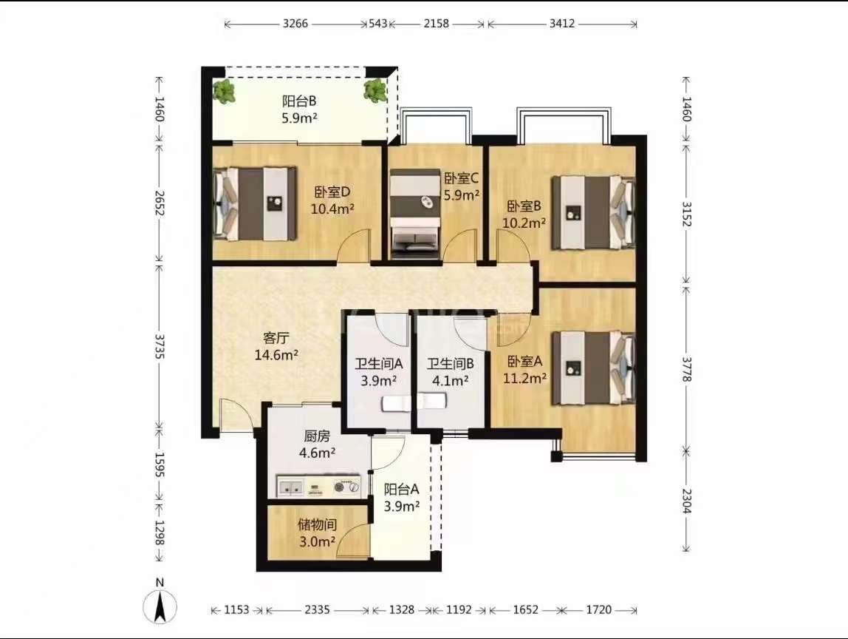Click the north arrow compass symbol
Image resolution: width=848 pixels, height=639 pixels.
[x=160, y=606]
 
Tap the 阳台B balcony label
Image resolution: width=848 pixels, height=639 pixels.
[x=299, y=101]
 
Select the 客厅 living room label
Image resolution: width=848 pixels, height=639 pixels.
[x=276, y=339]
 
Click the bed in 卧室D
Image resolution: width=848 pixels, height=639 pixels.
[x=256, y=203]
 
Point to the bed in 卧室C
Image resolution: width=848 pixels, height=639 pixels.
[x=415, y=212]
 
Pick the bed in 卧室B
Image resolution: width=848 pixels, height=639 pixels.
[x=592, y=213]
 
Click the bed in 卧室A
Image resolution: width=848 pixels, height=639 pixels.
[x=592, y=369]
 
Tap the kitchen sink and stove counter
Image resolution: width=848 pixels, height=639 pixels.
[x=318, y=486]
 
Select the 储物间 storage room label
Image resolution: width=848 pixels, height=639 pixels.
[x=318, y=524]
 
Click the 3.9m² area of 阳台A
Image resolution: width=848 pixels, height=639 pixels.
[x=402, y=507]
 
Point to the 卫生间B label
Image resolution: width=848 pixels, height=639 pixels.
[x=451, y=364]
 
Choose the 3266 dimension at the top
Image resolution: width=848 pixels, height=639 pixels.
[x=295, y=23]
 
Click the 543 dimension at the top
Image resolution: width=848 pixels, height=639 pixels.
[x=377, y=23]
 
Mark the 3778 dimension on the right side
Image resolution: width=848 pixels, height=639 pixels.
[x=686, y=369]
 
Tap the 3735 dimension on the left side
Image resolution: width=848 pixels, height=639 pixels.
[x=159, y=346]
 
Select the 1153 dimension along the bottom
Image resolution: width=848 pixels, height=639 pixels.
[x=236, y=609]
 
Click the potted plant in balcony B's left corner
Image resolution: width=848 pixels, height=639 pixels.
[x=224, y=91]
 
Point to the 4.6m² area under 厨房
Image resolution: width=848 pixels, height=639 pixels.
[x=318, y=452]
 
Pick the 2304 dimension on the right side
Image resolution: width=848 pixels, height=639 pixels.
[x=686, y=501]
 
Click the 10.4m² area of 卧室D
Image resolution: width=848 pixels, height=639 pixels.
[x=332, y=209]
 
